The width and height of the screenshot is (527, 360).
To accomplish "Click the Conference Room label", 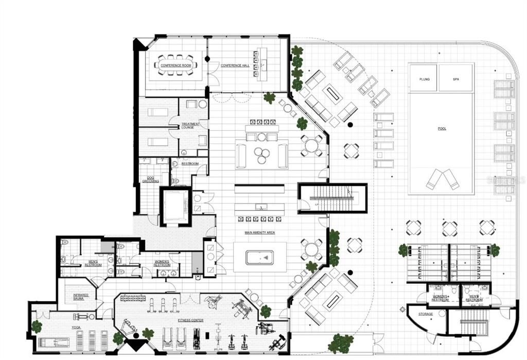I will (175, 65).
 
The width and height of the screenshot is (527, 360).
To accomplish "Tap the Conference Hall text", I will (234, 65).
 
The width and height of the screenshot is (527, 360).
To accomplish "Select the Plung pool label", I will (424, 79).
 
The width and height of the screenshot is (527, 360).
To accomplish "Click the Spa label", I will (455, 79).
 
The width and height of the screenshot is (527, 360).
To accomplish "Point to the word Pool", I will (441, 129).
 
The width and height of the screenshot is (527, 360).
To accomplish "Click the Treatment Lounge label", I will (190, 126).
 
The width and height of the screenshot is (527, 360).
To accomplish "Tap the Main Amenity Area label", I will (259, 233).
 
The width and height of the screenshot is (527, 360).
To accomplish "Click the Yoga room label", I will (76, 327).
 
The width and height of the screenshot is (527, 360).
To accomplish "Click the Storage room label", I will (425, 314).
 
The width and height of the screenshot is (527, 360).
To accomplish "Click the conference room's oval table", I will (175, 65).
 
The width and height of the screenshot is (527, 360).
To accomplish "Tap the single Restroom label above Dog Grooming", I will (190, 163).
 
